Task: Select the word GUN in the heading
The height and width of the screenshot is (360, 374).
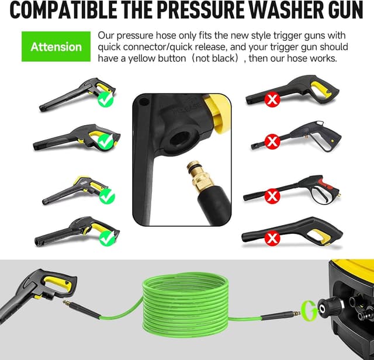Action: (345, 12)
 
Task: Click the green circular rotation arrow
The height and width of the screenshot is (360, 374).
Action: (306, 307)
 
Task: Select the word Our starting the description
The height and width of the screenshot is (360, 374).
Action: (107, 34)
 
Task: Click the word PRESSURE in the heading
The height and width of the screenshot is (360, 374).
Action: (207, 12)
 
